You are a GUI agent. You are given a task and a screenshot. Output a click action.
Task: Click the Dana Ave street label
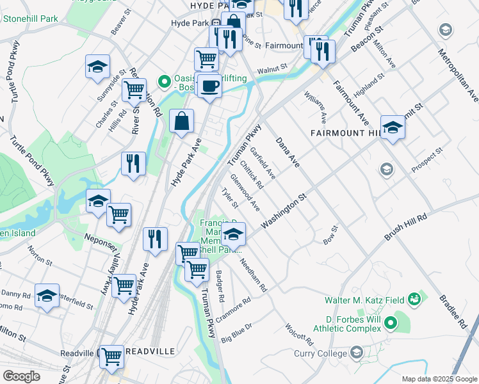coord(288,152)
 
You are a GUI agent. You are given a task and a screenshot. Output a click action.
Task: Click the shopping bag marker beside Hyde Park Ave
coord(182,120)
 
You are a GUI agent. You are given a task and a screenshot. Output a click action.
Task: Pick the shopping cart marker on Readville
coord(111,355)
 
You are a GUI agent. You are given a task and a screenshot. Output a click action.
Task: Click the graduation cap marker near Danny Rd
coord(47,296)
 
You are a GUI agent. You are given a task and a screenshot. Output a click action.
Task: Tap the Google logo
coord(22,377)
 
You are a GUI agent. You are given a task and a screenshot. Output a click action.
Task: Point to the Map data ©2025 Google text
coord(439,379)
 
